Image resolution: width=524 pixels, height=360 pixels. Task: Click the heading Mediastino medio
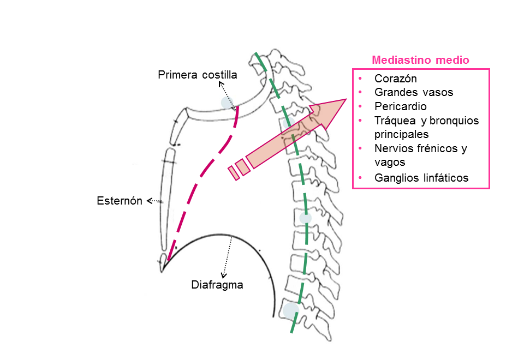[x=420, y=60]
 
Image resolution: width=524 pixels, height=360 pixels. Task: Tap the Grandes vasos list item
[x=414, y=92]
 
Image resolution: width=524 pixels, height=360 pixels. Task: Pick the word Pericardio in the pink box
[x=401, y=106]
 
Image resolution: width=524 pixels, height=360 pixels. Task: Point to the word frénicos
[x=437, y=148]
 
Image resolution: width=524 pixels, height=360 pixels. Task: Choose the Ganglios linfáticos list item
[x=421, y=177]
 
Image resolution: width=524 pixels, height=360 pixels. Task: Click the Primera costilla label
[x=197, y=74]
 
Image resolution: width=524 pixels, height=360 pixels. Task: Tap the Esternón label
[x=120, y=201]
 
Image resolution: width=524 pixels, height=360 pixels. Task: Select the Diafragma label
[x=217, y=284]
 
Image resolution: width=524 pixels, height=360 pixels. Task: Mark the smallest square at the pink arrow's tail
[x=234, y=172]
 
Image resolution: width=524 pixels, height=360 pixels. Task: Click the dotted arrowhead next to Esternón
[x=149, y=201]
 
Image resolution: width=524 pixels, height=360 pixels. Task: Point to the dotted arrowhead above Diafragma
[x=223, y=274]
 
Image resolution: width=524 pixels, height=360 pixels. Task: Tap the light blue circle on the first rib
[x=227, y=102]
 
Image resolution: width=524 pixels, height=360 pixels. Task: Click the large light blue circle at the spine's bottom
[x=290, y=311]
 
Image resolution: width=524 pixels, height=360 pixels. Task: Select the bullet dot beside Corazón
[x=361, y=78]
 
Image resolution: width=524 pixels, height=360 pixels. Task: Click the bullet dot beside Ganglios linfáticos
[x=361, y=177]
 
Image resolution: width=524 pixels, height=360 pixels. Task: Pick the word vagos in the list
[x=390, y=162]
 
